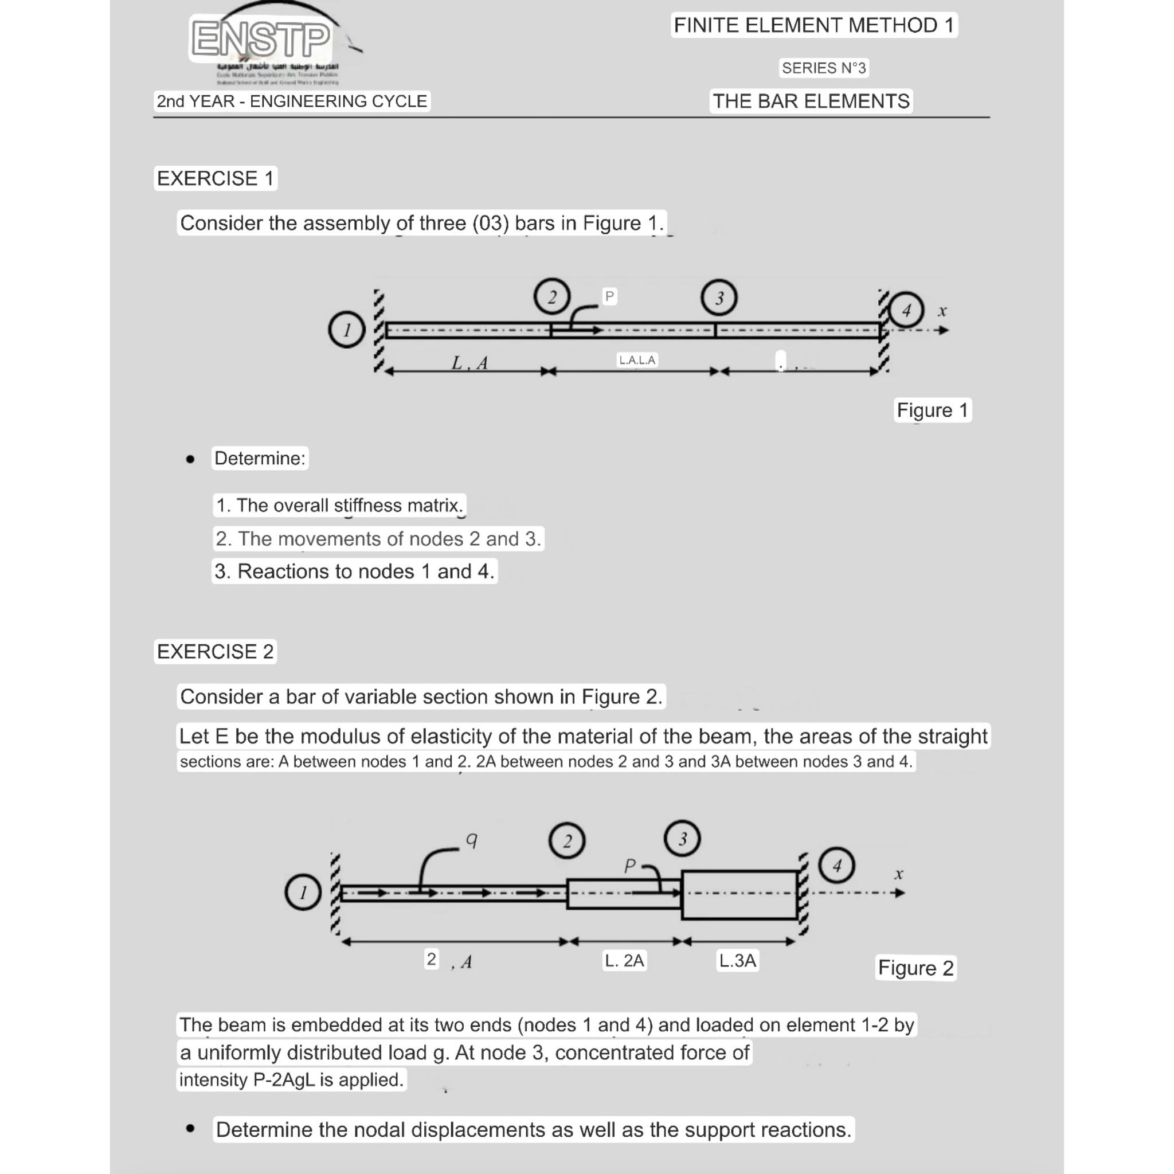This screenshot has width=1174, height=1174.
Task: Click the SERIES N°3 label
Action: pyautogui.click(x=823, y=68)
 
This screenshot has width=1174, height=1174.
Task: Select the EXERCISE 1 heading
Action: pyautogui.click(x=215, y=179)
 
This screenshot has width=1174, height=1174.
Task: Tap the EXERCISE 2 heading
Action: pyautogui.click(x=215, y=651)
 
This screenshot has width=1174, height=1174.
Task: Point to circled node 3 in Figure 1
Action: pyautogui.click(x=718, y=298)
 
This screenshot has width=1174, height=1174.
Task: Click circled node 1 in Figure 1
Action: pyautogui.click(x=346, y=330)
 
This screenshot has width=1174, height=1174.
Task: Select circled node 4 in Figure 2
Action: pyautogui.click(x=836, y=864)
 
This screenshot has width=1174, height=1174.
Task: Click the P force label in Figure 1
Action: pyautogui.click(x=609, y=296)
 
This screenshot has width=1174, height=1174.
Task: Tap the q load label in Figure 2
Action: pyautogui.click(x=472, y=839)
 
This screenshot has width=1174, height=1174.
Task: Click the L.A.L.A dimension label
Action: pyautogui.click(x=637, y=360)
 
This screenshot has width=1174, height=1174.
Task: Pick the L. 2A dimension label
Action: pyautogui.click(x=624, y=960)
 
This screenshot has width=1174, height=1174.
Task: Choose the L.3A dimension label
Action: pyautogui.click(x=737, y=960)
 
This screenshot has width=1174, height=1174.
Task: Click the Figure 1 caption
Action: pyautogui.click(x=932, y=410)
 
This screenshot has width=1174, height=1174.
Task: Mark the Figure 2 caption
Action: pyautogui.click(x=915, y=968)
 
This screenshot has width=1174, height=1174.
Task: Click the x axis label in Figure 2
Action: pyautogui.click(x=899, y=874)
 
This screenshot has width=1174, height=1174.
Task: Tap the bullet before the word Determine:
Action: pyautogui.click(x=190, y=459)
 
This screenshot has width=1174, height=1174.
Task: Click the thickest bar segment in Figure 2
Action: pyautogui.click(x=739, y=894)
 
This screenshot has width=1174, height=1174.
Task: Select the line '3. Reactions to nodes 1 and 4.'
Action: pyautogui.click(x=354, y=571)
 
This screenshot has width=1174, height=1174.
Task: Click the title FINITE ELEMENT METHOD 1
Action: pyautogui.click(x=813, y=26)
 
